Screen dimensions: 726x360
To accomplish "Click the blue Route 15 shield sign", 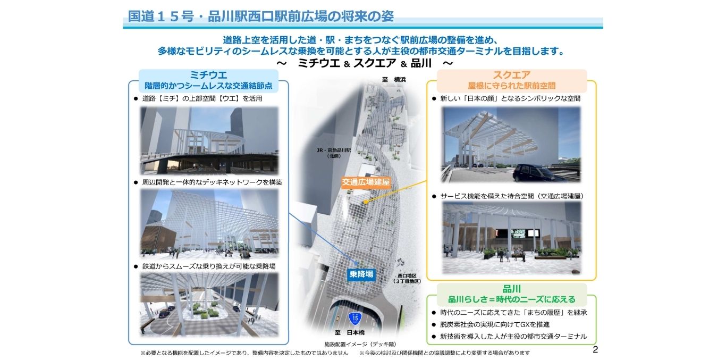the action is tap(355, 319).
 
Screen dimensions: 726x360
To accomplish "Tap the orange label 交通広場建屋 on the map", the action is tap(366, 182).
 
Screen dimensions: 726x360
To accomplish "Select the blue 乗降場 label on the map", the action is tap(361, 274).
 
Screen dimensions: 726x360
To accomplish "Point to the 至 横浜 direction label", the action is tap(393, 79).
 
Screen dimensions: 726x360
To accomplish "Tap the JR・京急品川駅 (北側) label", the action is tap(334, 153).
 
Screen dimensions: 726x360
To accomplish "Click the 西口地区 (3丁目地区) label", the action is tap(407, 278).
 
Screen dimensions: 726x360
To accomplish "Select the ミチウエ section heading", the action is tap(208, 75).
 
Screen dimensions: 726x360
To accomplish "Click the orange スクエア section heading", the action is tap(512, 75).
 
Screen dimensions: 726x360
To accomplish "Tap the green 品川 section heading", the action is tap(512, 289).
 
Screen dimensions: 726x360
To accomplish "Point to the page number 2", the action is tap(595, 349).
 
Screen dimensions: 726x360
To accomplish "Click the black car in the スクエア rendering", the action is tap(536, 173).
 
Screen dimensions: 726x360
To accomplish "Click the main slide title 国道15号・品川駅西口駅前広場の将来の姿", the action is tap(261, 16).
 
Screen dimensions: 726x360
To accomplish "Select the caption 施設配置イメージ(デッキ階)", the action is tap(360, 344).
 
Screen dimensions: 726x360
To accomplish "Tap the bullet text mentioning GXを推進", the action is tap(495, 324).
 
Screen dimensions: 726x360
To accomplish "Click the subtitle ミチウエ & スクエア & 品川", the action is tap(365, 63).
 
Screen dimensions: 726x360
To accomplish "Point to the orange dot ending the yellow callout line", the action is tap(366, 202).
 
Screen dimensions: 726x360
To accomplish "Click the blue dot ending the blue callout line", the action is tap(357, 263).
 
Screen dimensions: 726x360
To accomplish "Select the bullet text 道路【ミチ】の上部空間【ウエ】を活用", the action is tap(202, 98).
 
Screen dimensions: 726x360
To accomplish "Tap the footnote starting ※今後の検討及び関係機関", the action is tap(444, 353).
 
